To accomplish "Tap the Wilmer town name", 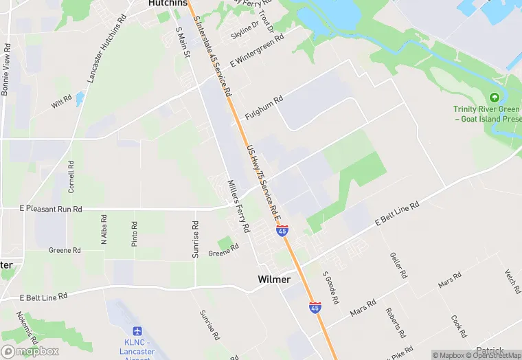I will click(x=274, y=280).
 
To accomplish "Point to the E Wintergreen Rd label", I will click(x=257, y=52).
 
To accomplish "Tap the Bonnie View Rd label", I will click(x=6, y=69).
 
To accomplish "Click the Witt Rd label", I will click(x=62, y=104).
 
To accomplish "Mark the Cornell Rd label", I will click(x=71, y=177).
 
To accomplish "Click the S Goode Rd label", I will click(x=330, y=287).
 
